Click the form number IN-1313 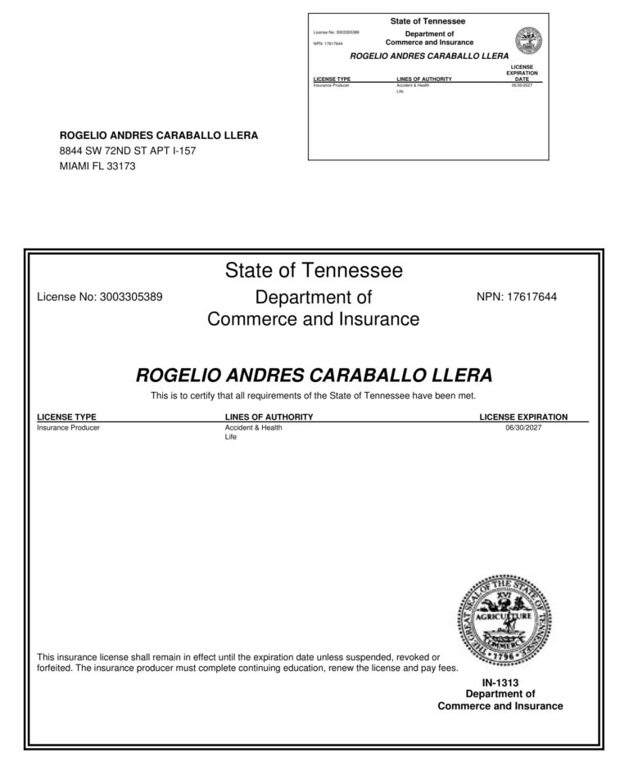[x=500, y=682]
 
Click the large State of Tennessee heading [x=314, y=269]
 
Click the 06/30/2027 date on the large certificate [x=524, y=428]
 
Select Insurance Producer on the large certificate [x=69, y=428]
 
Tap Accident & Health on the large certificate [x=253, y=428]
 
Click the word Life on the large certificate [x=230, y=438]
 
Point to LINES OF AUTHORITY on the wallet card [x=423, y=79]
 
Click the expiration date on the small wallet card [x=522, y=85]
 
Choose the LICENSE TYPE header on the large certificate [x=66, y=417]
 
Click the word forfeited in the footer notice [x=57, y=668]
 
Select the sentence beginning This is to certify [x=314, y=396]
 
